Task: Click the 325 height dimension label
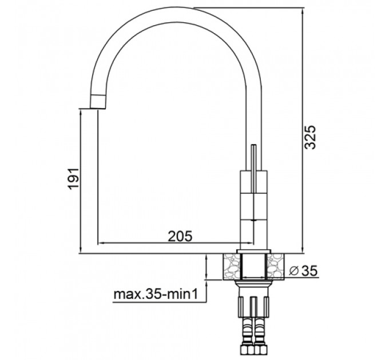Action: click(310, 137)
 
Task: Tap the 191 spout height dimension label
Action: click(74, 179)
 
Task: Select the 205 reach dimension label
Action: click(180, 236)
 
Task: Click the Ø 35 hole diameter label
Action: click(303, 271)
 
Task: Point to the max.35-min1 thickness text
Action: click(156, 294)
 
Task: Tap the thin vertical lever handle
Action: click(253, 169)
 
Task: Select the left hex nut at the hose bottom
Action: click(247, 350)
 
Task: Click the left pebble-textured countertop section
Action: click(232, 267)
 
